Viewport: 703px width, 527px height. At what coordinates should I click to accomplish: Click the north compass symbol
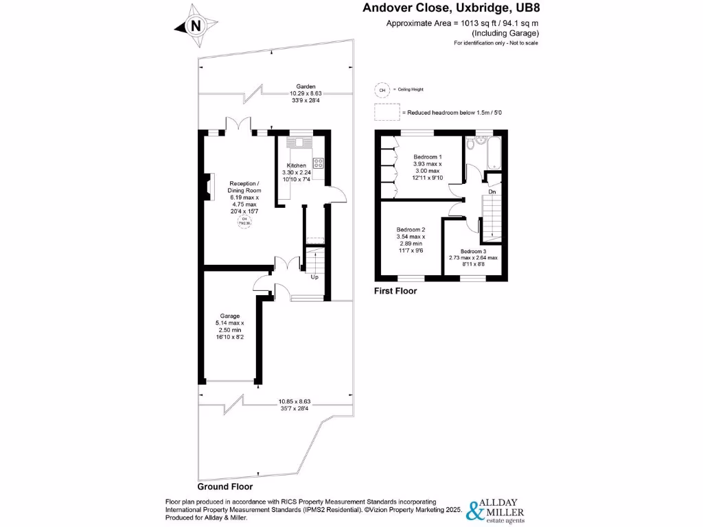(196, 27)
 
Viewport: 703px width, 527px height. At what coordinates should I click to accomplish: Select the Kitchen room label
(296, 166)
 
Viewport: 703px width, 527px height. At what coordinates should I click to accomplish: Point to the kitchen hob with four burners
(319, 163)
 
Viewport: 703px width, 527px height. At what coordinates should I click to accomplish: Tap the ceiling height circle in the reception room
(244, 221)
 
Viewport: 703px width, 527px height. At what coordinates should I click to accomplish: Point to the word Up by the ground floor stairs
(314, 277)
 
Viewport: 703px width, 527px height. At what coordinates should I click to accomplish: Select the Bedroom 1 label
(427, 157)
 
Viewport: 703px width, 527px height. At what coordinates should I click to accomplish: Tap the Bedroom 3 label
(474, 251)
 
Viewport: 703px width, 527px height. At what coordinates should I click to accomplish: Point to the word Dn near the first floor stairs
(492, 191)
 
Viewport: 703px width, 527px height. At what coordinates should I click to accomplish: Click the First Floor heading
(395, 291)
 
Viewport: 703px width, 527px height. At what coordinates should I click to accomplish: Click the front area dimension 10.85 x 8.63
(295, 401)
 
